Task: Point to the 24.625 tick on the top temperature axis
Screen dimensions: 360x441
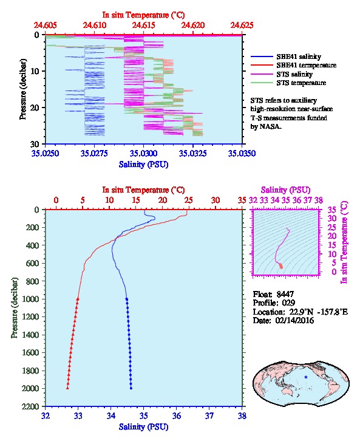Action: click(242, 25)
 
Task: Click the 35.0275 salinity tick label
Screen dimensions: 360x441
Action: click(94, 154)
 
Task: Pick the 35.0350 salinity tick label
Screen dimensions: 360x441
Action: click(242, 154)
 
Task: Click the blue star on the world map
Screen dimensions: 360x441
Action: click(306, 377)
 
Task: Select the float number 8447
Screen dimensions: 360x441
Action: click(285, 294)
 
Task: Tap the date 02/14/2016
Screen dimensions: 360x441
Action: click(294, 320)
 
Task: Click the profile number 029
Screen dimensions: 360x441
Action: click(288, 303)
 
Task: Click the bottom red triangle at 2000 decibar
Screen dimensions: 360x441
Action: click(67, 388)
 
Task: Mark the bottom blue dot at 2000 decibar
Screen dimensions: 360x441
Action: click(131, 388)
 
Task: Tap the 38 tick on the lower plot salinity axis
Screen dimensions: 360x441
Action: click(242, 415)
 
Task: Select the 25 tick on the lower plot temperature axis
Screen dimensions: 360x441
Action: click(189, 200)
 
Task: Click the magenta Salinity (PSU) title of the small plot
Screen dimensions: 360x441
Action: click(285, 190)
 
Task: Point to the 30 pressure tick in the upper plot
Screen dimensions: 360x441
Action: click(35, 144)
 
